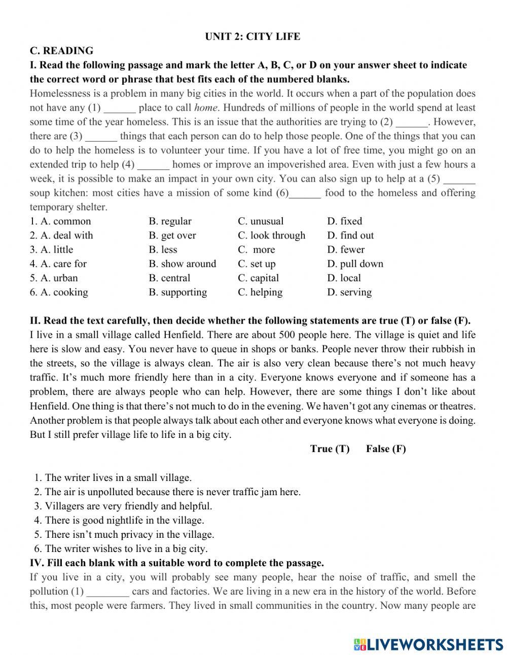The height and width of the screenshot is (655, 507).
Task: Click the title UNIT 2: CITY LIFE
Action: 252,37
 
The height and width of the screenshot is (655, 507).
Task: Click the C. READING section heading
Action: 61,51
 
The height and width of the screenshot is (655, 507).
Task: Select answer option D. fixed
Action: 344,221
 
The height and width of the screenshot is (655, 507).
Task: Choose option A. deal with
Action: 61,235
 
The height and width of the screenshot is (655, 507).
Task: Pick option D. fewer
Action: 346,250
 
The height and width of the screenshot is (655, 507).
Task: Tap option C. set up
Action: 257,264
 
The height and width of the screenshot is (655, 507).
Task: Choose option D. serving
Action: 349,292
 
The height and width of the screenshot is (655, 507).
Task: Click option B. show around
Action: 182,264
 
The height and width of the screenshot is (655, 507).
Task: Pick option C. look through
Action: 271,235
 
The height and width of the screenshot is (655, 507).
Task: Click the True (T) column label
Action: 330,449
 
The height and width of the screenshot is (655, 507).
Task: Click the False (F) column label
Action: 386,449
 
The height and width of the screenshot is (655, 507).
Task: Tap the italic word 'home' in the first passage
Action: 205,108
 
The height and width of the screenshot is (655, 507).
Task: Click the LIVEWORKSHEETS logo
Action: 428,644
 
